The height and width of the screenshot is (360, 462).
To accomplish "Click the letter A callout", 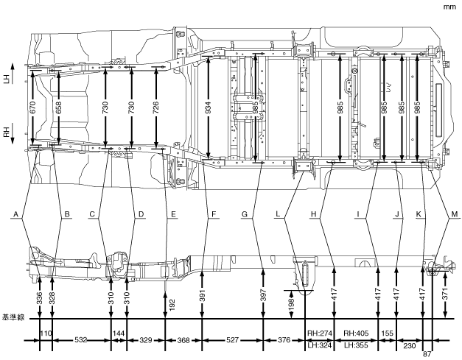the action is coord(14,214).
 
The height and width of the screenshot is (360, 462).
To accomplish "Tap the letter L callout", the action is coord(279,214).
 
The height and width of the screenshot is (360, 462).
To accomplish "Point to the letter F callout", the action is coord(213,214).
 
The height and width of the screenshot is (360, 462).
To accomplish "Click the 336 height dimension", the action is coord(39,299).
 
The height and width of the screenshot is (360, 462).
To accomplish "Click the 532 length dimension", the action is coord(82,340).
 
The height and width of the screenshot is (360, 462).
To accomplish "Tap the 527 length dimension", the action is coord(232,340).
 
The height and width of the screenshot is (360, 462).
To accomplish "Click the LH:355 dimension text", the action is coord(357,345).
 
